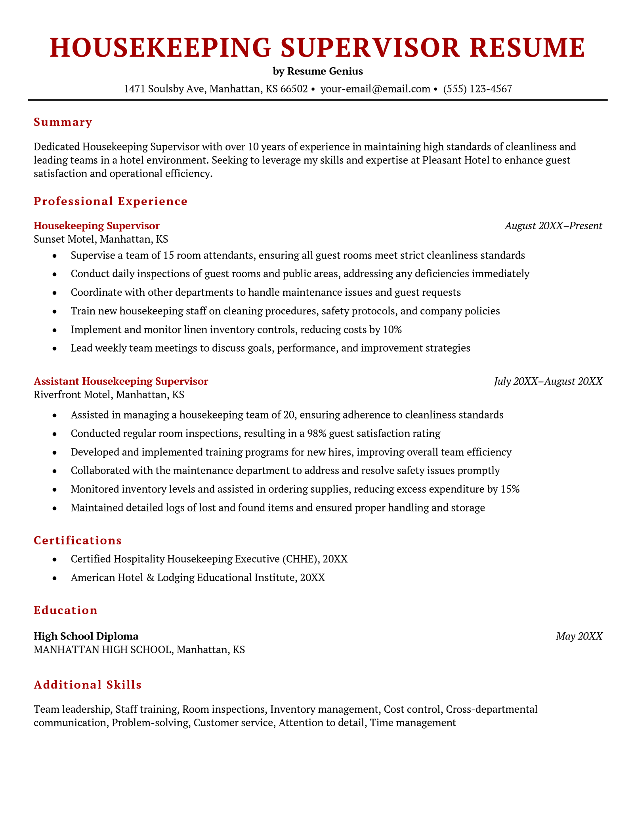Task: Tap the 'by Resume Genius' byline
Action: (x=317, y=71)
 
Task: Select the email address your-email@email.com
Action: (x=375, y=89)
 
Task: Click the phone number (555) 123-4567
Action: (x=477, y=89)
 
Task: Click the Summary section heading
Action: (x=63, y=122)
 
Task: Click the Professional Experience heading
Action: (x=111, y=201)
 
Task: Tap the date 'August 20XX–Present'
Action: (x=553, y=226)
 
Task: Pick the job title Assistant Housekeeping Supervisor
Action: (x=121, y=381)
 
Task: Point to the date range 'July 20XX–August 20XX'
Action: (x=548, y=381)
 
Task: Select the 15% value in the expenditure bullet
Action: (x=510, y=489)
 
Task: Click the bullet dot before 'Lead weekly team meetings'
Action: (x=55, y=348)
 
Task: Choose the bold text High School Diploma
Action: (x=86, y=636)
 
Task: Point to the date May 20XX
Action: (x=579, y=636)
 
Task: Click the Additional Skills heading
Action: (x=88, y=685)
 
